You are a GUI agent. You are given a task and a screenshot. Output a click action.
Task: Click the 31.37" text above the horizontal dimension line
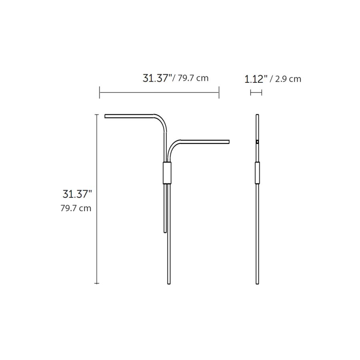(x=157, y=78)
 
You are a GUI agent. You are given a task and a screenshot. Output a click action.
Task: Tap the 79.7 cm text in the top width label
(x=193, y=78)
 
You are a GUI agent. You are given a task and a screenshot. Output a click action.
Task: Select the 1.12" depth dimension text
(x=256, y=79)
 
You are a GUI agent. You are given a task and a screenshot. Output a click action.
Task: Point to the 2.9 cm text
(x=288, y=79)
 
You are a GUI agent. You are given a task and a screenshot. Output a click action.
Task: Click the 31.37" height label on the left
(x=77, y=194)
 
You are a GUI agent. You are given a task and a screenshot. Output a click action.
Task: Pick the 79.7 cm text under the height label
(x=76, y=208)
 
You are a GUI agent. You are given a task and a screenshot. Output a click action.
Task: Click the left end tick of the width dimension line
(x=100, y=92)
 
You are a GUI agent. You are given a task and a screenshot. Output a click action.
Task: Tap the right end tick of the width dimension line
(x=219, y=92)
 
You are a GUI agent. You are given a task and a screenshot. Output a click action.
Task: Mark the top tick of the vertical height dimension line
(x=97, y=114)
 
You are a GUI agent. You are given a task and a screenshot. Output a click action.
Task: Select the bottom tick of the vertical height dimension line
(x=97, y=283)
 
